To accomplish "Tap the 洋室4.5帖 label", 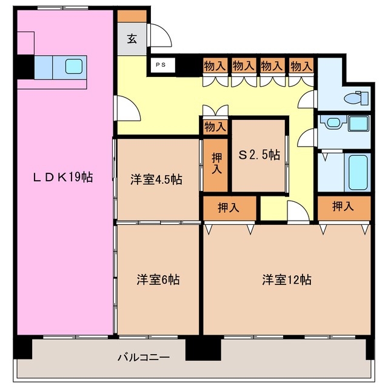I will coord(156,179).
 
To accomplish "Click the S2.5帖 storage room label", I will coord(259,155).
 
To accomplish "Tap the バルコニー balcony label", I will coord(143,357).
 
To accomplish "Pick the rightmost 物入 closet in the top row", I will coord(301,65).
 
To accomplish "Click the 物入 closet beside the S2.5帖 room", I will coord(215,127).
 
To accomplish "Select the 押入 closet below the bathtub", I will coord(343,207).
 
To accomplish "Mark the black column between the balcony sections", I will coord(203,348).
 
